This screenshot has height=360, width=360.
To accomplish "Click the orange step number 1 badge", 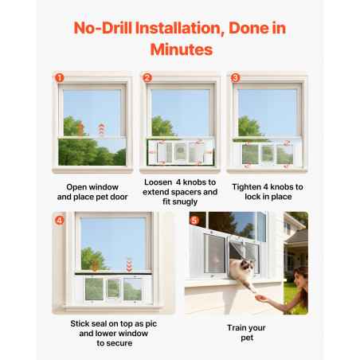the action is pos(60,78).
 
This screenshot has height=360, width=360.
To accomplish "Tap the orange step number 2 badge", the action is pos(147,78).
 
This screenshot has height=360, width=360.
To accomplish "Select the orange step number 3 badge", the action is pos(235,78).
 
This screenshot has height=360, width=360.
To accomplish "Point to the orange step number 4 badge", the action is pos(60,221).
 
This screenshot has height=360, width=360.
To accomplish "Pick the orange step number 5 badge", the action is pos(194,221).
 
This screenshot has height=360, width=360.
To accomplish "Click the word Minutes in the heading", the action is pos(182,49).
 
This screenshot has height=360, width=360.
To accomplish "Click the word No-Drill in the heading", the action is pos(103,28).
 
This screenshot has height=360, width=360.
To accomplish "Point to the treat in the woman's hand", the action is pos(257,294).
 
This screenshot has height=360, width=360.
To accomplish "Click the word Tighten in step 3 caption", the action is pos(246,187).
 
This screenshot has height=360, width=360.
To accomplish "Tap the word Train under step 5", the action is pos(236,328).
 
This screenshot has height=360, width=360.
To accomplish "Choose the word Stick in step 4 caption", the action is pos(79,323).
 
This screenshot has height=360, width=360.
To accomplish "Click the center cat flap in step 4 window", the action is pos(113,288).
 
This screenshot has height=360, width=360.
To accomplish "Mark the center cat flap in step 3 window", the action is pos(268,154).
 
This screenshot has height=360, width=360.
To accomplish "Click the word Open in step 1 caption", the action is pos(75,187).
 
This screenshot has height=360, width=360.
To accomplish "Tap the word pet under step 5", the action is pos(247,338).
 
